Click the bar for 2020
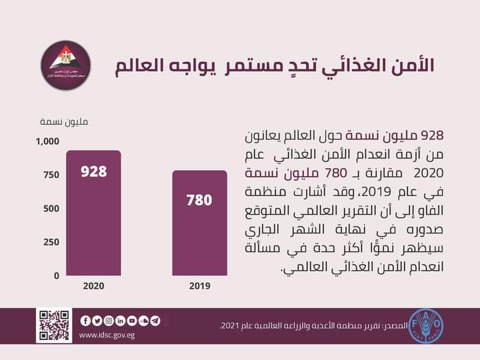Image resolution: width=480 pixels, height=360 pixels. (x=93, y=213)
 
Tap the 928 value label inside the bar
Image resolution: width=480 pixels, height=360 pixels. (x=93, y=171)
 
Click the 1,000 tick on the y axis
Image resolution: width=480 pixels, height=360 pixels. (x=47, y=141)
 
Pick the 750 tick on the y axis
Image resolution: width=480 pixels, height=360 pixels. (x=51, y=175)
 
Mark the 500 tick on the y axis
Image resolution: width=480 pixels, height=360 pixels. (x=51, y=208)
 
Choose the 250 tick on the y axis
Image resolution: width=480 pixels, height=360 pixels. (x=51, y=241)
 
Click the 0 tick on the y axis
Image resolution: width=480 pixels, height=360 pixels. (x=57, y=275)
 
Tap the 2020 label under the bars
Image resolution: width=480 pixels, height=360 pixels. (x=93, y=286)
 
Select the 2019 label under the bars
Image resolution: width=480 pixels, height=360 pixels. (x=199, y=286)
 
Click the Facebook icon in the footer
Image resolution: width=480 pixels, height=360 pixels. (x=85, y=321)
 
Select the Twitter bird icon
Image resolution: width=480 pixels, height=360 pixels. (x=97, y=321)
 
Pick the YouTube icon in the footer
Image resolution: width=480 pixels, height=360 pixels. (x=132, y=321)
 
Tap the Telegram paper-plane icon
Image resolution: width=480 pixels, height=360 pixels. (x=155, y=321)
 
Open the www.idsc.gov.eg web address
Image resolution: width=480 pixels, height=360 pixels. (x=107, y=335)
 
